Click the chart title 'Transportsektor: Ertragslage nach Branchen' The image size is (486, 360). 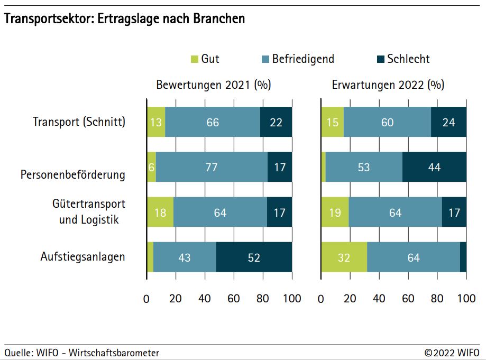pyautogui.click(x=125, y=19)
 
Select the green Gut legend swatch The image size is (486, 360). pyautogui.click(x=194, y=59)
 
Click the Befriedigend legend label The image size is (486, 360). pyautogui.click(x=303, y=59)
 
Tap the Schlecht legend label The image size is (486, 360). pyautogui.click(x=408, y=59)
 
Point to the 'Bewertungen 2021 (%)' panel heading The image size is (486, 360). pyautogui.click(x=213, y=85)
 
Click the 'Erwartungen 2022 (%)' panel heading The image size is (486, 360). pyautogui.click(x=388, y=85)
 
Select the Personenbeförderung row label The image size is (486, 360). pyautogui.click(x=73, y=175)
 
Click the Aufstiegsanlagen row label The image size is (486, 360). pyautogui.click(x=83, y=257)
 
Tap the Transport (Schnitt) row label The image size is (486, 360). pyautogui.click(x=79, y=122)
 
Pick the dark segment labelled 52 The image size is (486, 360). pyautogui.click(x=254, y=257)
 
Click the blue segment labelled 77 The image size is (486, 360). pyautogui.click(x=212, y=168)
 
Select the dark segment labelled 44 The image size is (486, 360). pyautogui.click(x=434, y=168)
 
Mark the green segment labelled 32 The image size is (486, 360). pyautogui.click(x=344, y=257)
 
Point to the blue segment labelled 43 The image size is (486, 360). pyautogui.click(x=185, y=257)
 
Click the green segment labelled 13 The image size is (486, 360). pyautogui.click(x=156, y=122)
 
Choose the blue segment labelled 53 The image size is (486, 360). pyautogui.click(x=364, y=168)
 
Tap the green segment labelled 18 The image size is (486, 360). pyautogui.click(x=160, y=213)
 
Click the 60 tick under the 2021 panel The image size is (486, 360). pyautogui.click(x=234, y=299)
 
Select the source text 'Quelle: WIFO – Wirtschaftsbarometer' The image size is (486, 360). pyautogui.click(x=82, y=353)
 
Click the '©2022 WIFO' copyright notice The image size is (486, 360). pyautogui.click(x=452, y=353)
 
